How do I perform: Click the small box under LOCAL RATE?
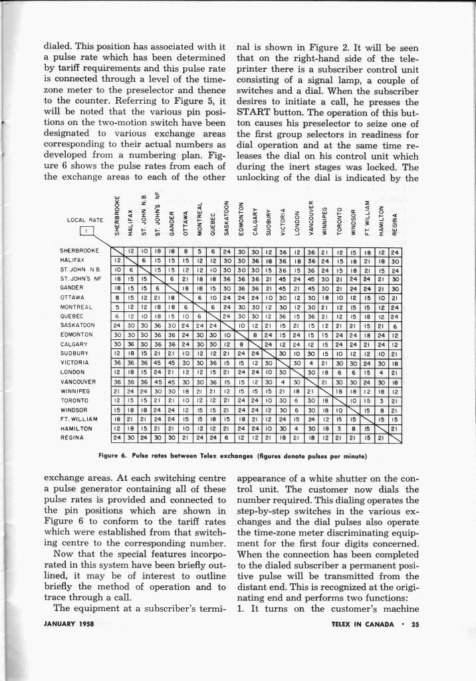(x=88, y=231)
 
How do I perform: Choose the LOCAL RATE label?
(x=85, y=220)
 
